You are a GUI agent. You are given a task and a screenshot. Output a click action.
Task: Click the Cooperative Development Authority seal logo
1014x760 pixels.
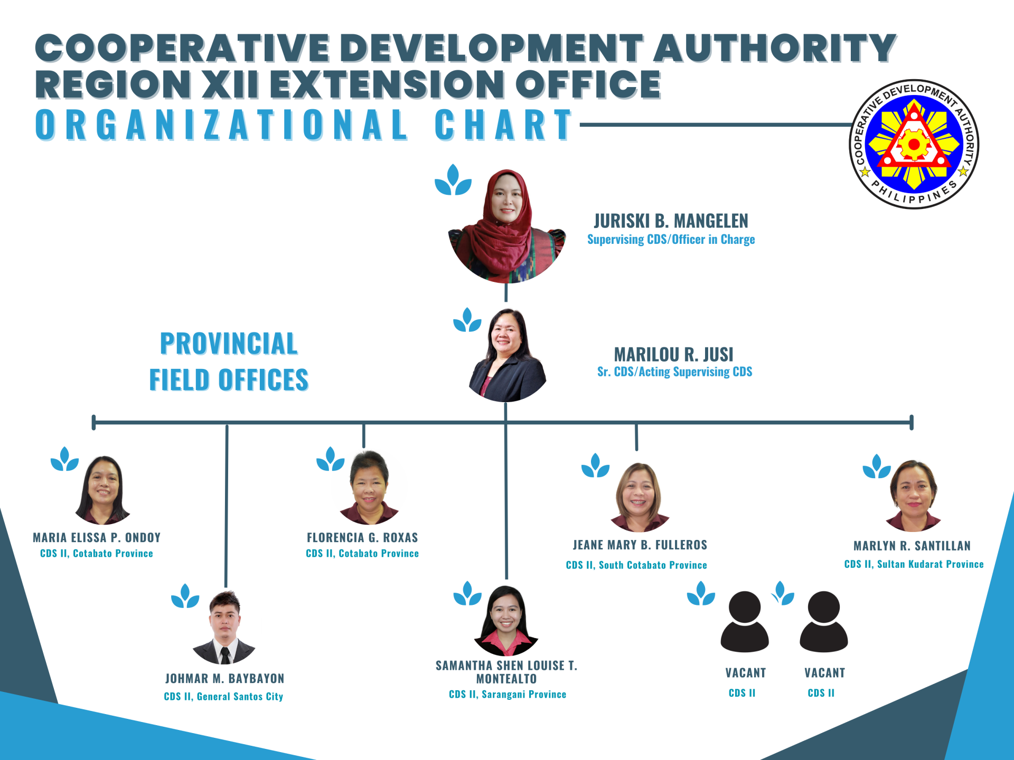click(914, 144)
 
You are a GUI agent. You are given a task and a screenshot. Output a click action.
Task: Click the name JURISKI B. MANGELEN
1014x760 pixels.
click(671, 221)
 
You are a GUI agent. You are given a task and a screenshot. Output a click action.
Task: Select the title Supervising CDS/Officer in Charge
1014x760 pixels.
click(671, 240)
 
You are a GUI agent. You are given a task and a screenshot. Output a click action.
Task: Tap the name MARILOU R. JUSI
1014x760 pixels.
click(673, 354)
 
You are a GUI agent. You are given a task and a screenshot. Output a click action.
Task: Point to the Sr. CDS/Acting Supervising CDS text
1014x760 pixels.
click(674, 372)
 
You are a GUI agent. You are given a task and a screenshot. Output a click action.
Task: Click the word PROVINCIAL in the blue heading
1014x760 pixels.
click(229, 344)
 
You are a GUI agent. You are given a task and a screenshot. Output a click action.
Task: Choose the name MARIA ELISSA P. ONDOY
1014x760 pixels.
click(97, 538)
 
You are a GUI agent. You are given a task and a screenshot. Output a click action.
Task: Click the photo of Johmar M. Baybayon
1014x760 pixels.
click(224, 628)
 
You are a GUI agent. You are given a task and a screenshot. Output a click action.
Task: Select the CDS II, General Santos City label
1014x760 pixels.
click(223, 697)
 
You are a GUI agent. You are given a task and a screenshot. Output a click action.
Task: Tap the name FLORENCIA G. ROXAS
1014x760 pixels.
click(362, 538)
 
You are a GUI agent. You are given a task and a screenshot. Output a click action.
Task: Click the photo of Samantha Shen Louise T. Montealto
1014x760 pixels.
click(506, 621)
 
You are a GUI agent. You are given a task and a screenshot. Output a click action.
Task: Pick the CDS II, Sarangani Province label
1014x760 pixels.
click(508, 695)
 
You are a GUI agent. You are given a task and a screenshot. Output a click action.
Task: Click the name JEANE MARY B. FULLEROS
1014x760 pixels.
click(640, 545)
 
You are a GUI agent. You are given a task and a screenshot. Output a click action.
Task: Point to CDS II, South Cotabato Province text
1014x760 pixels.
click(636, 565)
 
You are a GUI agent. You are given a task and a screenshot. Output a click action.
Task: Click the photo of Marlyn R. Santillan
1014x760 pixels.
click(913, 496)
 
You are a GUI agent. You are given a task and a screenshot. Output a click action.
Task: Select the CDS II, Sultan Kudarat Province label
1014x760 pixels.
click(914, 564)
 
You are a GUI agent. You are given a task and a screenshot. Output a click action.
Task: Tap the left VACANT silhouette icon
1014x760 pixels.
click(745, 622)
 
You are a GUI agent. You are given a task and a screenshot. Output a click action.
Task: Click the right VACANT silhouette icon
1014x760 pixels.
click(824, 622)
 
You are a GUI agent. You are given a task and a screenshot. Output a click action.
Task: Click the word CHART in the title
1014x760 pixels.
click(504, 125)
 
